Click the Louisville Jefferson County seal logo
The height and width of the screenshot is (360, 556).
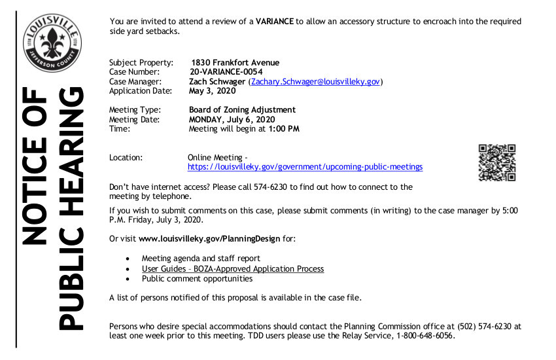click(x=52, y=45)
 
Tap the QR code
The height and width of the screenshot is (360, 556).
click(x=497, y=162)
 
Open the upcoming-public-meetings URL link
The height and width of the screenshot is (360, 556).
click(x=305, y=167)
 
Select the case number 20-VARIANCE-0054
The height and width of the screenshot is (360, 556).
click(x=226, y=72)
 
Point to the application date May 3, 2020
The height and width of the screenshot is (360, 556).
click(x=213, y=91)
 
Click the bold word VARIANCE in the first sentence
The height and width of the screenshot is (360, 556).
click(x=274, y=22)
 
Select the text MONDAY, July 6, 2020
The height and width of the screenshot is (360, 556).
click(x=232, y=120)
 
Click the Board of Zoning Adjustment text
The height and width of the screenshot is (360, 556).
click(x=242, y=110)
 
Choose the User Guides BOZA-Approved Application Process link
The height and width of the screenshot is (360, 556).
click(x=232, y=269)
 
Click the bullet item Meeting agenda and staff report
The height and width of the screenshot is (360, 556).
click(x=201, y=259)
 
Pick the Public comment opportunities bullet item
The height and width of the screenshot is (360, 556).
click(x=197, y=279)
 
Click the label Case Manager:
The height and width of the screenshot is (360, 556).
click(x=135, y=82)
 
